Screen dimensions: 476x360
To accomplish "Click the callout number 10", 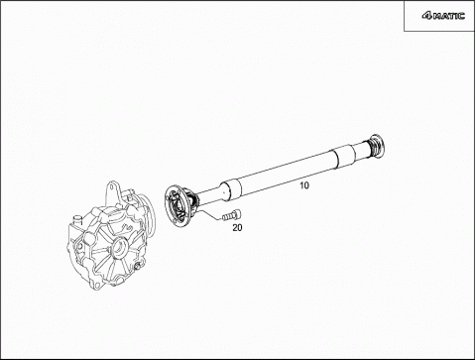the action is pos(304,185).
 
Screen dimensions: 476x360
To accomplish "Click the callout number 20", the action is pos(237,227).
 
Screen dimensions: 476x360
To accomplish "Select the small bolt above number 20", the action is pos(231,216).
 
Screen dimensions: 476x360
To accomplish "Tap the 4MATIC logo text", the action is pos(443,16).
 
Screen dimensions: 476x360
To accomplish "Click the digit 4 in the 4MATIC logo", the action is pos(426,16).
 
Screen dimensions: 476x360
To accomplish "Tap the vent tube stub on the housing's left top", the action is pos(77,219).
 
